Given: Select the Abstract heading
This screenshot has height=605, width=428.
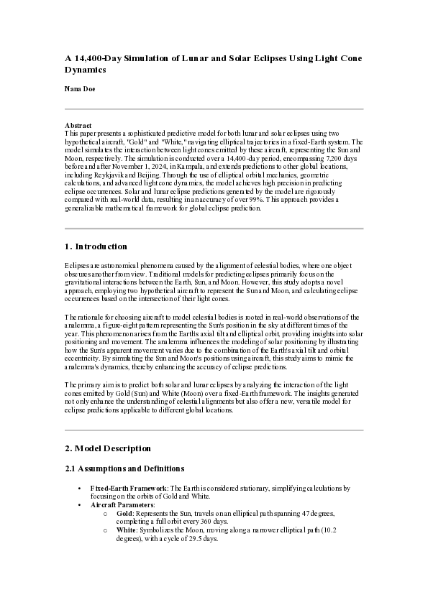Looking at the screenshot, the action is pos(78,126).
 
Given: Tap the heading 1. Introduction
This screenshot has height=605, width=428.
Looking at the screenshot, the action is pos(96,246).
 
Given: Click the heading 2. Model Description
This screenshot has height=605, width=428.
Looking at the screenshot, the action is pos(108,448).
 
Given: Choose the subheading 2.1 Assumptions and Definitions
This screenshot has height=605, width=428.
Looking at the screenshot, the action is pos(117,468).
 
